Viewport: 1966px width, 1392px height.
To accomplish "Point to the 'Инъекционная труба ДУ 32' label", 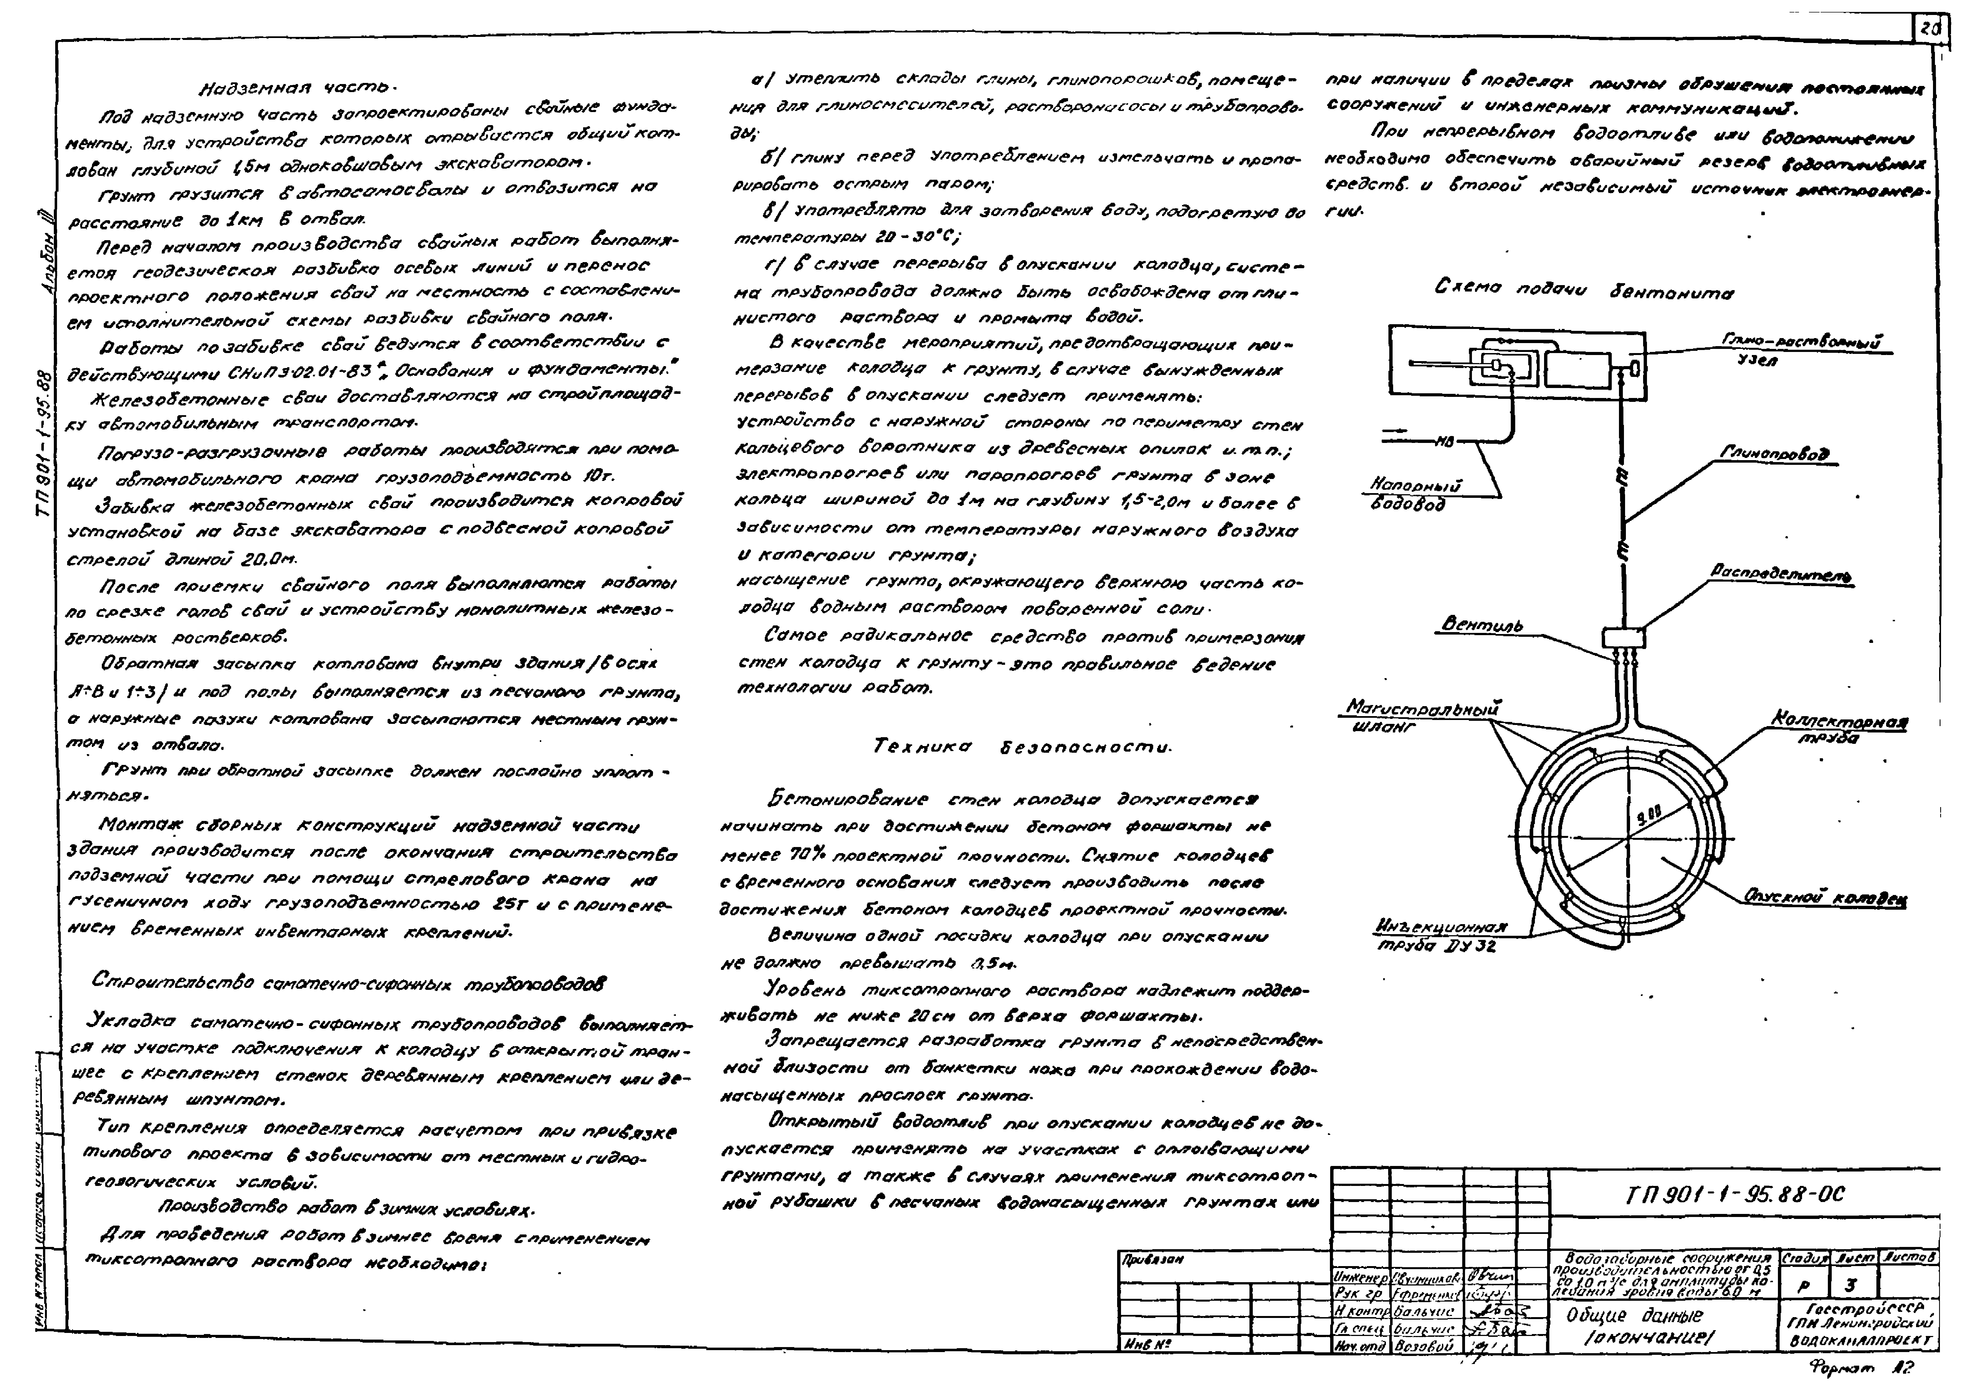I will coord(1440,936).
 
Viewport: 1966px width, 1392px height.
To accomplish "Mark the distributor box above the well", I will coord(1623,637).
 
